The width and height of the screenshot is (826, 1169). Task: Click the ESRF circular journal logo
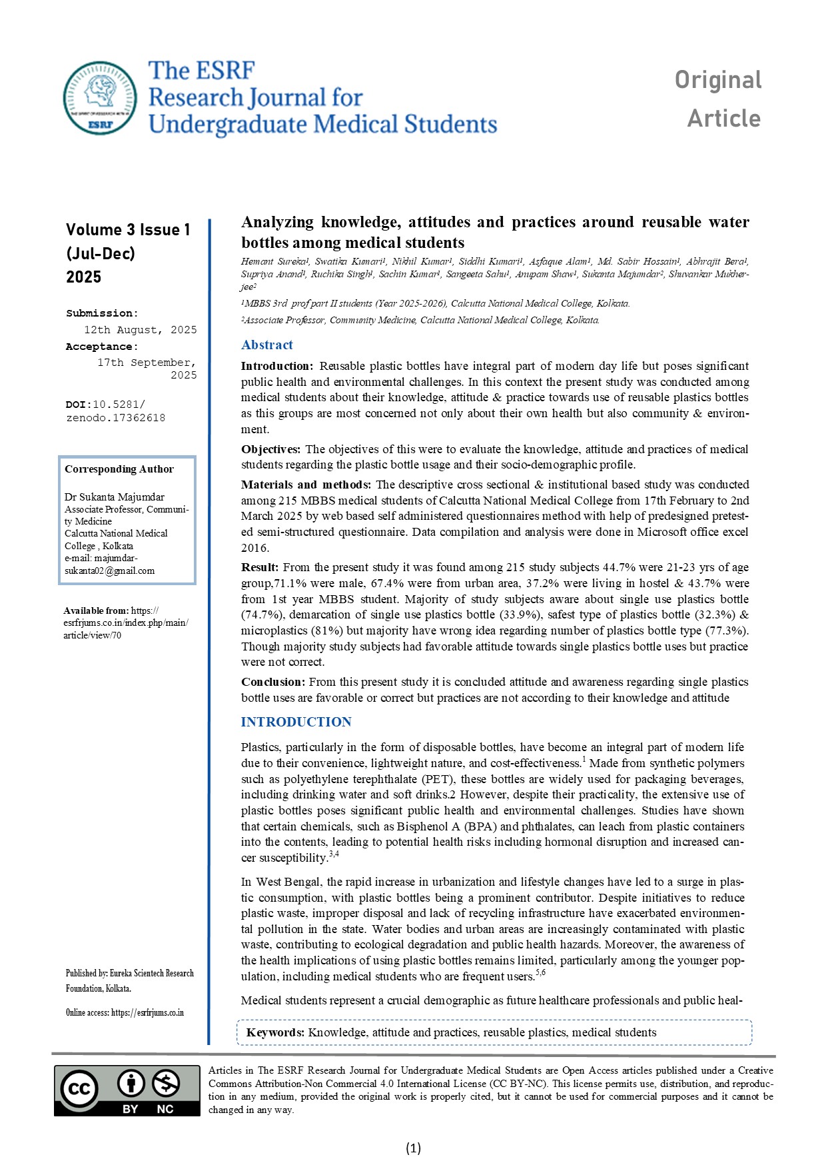(100, 98)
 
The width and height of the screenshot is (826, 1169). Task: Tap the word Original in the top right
(717, 80)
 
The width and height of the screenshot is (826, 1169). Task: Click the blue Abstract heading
(266, 345)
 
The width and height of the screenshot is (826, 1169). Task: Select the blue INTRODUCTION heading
(296, 722)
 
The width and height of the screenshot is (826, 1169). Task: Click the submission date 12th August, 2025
(140, 330)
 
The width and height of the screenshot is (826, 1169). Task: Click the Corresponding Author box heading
(119, 469)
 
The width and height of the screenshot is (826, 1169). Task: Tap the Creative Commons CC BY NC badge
(127, 1090)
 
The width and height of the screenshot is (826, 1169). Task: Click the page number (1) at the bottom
(413, 1148)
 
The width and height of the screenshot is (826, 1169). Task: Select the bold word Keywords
(275, 1032)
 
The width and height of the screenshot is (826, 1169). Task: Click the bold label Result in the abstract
(260, 567)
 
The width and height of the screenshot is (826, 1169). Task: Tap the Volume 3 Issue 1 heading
(128, 230)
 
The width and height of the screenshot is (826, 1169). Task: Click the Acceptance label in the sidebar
(101, 347)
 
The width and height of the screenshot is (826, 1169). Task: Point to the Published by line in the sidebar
(129, 974)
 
